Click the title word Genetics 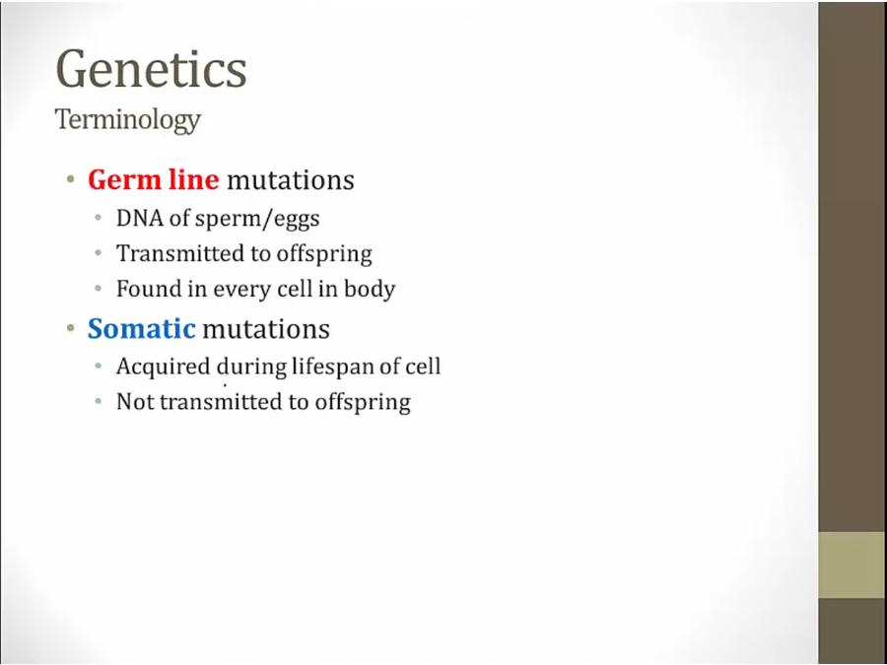[151, 69]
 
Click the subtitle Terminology [128, 120]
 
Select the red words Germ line [154, 180]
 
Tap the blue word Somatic [141, 328]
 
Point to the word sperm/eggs [257, 220]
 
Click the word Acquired [163, 367]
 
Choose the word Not [136, 402]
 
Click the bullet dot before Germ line [71, 180]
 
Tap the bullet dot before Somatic [71, 328]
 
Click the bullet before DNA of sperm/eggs [99, 219]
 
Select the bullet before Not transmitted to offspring [99, 402]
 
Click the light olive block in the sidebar [853, 565]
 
